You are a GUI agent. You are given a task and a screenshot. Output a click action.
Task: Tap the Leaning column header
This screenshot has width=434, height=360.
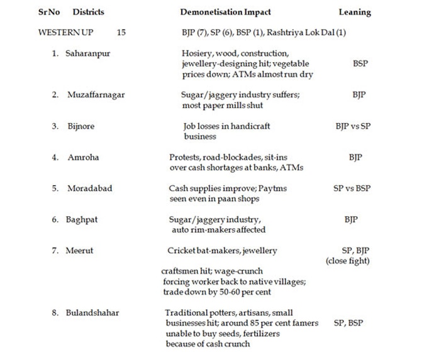point(355,12)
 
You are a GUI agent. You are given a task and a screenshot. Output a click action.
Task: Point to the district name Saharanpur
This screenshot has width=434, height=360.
point(87,53)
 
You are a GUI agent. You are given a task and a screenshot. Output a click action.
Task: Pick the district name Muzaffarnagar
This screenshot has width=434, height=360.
point(96,95)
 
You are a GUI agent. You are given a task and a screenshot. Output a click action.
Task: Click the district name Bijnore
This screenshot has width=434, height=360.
point(81,126)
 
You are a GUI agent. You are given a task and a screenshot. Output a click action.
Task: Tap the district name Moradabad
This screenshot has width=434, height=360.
point(89,188)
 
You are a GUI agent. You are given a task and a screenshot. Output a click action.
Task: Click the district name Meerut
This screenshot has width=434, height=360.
point(80,251)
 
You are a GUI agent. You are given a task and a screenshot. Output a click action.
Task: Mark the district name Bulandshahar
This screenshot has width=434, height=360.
point(94,312)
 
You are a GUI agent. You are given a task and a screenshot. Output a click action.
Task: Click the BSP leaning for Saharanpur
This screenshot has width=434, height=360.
point(360,63)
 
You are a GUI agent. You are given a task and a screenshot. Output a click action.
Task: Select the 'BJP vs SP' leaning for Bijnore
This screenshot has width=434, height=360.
point(353,126)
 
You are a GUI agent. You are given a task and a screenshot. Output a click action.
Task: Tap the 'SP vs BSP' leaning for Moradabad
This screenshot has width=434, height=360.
point(352,188)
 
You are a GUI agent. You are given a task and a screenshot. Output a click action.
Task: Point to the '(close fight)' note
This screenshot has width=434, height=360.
point(347,261)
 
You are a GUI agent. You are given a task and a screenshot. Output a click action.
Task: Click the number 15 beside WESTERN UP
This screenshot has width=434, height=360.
point(121,32)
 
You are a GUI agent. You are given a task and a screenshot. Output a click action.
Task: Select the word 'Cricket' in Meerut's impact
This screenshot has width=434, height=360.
point(181,251)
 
